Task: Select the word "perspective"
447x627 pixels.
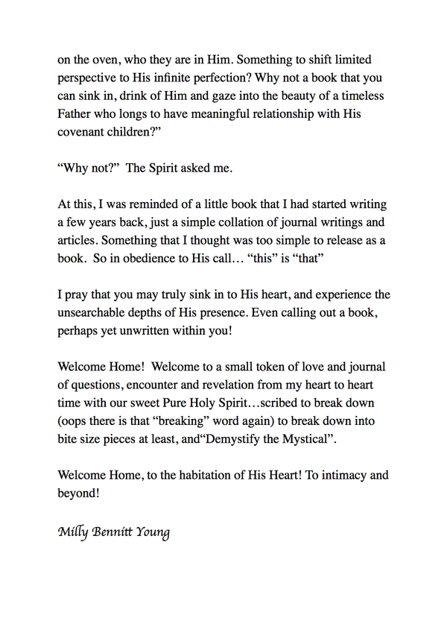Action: [x=89, y=78]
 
